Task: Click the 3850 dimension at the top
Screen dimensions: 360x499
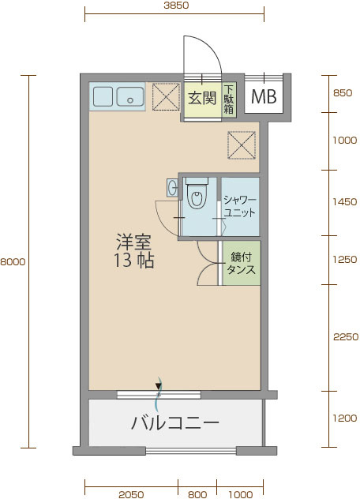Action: pyautogui.click(x=176, y=5)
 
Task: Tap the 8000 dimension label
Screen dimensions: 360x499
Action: pyautogui.click(x=13, y=262)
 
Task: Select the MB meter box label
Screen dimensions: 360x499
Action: pyautogui.click(x=264, y=96)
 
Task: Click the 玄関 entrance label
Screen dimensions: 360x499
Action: pyautogui.click(x=202, y=98)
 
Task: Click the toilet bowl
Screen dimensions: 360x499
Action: pyautogui.click(x=197, y=198)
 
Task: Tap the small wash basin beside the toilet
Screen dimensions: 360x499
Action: pyautogui.click(x=172, y=187)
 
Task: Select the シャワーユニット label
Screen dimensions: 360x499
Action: pyautogui.click(x=240, y=206)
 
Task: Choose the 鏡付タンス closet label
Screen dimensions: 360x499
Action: pyautogui.click(x=241, y=263)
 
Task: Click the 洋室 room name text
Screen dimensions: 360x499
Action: pyautogui.click(x=133, y=242)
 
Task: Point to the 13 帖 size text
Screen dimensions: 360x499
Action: pyautogui.click(x=134, y=261)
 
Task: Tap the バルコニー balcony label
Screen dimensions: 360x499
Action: pyautogui.click(x=175, y=423)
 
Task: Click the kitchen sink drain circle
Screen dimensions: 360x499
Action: pyautogui.click(x=130, y=100)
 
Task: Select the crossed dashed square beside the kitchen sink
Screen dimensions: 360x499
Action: pyautogui.click(x=166, y=97)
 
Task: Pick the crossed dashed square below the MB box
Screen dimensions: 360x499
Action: pyautogui.click(x=242, y=145)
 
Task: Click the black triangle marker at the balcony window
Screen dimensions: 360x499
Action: pyautogui.click(x=158, y=386)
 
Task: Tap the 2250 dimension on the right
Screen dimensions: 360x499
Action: pyautogui.click(x=346, y=337)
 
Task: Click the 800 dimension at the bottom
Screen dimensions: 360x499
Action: pyautogui.click(x=197, y=494)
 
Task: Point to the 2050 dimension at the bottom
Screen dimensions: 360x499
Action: pyautogui.click(x=131, y=494)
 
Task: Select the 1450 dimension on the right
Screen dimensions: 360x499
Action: pyautogui.click(x=345, y=202)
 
